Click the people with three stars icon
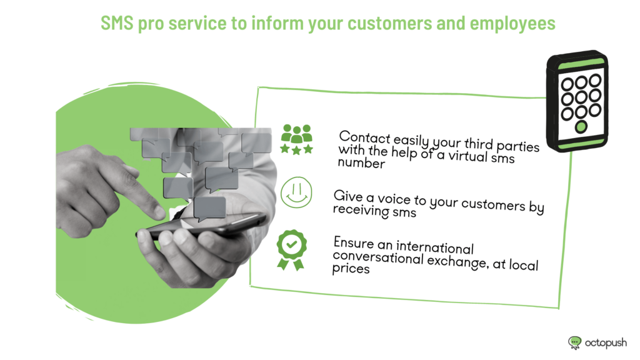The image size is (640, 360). [297, 139]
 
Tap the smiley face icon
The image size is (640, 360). [296, 192]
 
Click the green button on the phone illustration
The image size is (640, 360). [581, 127]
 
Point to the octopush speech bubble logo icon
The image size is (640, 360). [575, 342]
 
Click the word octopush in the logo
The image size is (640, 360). [606, 343]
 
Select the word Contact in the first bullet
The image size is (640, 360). [364, 137]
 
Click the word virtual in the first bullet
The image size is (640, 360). [467, 156]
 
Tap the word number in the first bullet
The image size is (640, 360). [361, 163]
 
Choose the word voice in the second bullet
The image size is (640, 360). [394, 199]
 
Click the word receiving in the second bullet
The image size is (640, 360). [361, 210]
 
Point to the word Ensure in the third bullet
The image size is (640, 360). [354, 243]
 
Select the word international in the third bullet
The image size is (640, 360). [435, 247]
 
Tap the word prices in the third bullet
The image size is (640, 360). [351, 269]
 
